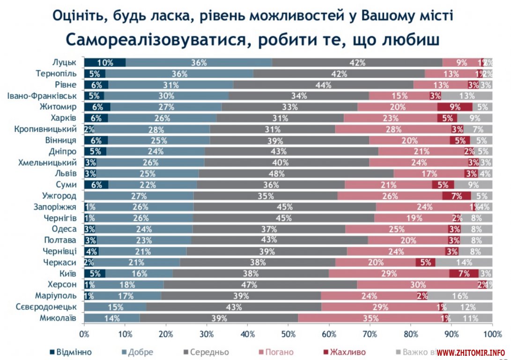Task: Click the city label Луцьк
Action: point(64,62)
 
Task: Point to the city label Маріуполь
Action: point(56,296)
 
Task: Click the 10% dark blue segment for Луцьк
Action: point(105,62)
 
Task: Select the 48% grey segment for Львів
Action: point(296,173)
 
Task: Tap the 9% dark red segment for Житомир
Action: point(455,107)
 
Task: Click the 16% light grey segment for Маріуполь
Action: point(460,296)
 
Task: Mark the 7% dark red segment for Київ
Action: point(464,274)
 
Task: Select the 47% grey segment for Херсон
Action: point(260,285)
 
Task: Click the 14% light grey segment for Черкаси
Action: point(464,262)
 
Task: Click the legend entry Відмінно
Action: point(70,352)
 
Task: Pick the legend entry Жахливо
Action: point(347,352)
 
